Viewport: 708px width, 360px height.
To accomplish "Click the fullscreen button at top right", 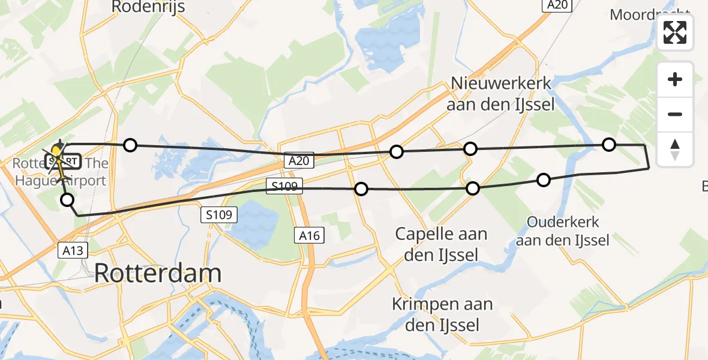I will pos(675,32).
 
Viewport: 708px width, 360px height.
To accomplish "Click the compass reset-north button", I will pos(675,149).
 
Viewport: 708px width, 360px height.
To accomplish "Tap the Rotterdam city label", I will pos(158,274).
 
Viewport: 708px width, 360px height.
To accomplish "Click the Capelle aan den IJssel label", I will pos(441,244).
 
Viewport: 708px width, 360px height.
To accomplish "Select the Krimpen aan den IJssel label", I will pos(442,314).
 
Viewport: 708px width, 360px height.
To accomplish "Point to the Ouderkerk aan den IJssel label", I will pos(563,232).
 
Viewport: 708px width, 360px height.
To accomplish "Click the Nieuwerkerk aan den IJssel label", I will pos(501,94).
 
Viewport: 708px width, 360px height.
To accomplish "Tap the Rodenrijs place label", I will pos(148,7).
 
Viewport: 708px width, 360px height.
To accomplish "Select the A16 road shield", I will pos(310,236).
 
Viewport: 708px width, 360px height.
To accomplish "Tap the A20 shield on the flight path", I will pos(299,160).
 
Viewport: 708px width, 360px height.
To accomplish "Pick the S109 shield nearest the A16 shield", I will pos(220,214).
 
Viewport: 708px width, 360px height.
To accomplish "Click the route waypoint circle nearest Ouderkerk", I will pos(543,179).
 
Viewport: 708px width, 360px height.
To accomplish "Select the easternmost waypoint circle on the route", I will pos(608,144).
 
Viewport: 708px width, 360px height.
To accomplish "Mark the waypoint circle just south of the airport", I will pos(68,200).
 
